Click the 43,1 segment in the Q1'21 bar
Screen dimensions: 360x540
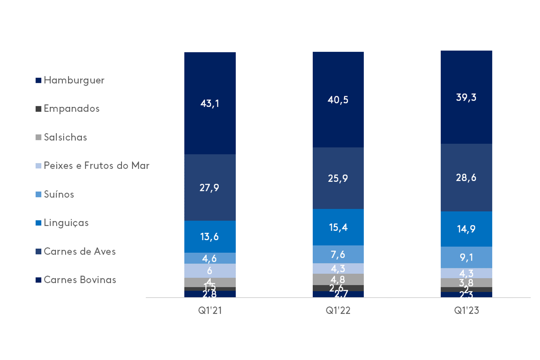pyautogui.click(x=210, y=103)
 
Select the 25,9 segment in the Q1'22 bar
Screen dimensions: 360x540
pyautogui.click(x=338, y=178)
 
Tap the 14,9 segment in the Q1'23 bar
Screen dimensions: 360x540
pyautogui.click(x=466, y=229)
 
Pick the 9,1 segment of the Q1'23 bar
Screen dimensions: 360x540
pyautogui.click(x=466, y=257)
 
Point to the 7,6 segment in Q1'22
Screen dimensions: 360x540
pyautogui.click(x=338, y=254)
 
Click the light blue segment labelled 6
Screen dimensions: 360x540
pyautogui.click(x=210, y=271)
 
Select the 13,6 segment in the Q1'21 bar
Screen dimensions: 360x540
pyautogui.click(x=210, y=236)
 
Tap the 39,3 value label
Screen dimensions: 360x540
pyautogui.click(x=466, y=97)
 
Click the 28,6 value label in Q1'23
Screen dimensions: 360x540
pyautogui.click(x=466, y=178)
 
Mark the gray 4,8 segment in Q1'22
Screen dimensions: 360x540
pyautogui.click(x=338, y=279)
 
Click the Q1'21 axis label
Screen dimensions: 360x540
pyautogui.click(x=210, y=311)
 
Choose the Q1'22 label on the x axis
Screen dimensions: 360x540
pyautogui.click(x=338, y=311)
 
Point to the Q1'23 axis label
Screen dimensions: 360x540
pyautogui.click(x=466, y=311)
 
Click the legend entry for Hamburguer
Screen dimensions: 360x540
pyautogui.click(x=74, y=80)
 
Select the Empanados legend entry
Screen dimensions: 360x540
pyautogui.click(x=71, y=109)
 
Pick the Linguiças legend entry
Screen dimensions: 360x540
pyautogui.click(x=66, y=223)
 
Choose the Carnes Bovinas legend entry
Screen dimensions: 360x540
pyautogui.click(x=80, y=280)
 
